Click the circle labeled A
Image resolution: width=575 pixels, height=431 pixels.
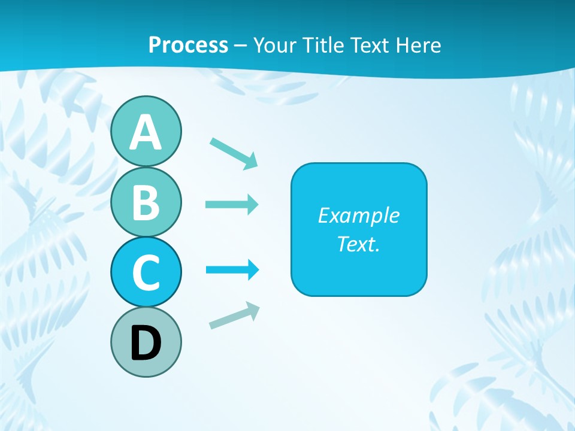tap(146, 131)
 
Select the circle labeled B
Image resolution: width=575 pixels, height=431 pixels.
tap(146, 201)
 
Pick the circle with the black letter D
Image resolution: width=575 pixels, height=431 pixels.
tap(146, 342)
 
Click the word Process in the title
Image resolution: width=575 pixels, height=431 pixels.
tap(188, 45)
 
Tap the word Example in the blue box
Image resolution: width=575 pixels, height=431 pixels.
tap(358, 215)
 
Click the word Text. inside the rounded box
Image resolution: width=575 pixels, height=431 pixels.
tap(358, 244)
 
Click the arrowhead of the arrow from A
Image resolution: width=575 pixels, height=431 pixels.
tap(251, 161)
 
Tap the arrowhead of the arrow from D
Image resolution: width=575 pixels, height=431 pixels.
tap(253, 309)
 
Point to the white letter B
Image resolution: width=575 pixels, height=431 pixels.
tap(146, 202)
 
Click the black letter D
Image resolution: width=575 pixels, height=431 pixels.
tap(146, 343)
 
